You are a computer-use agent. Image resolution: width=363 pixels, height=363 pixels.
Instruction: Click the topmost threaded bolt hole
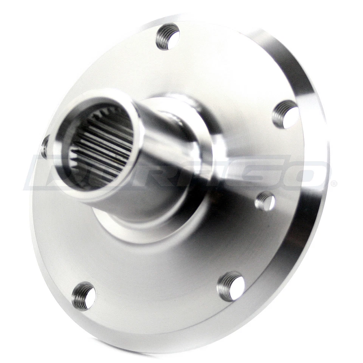(x=167, y=37)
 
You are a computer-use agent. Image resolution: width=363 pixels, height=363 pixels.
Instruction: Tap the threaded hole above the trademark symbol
(x=285, y=114)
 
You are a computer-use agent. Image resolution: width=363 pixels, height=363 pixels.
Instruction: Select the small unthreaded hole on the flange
(x=265, y=201)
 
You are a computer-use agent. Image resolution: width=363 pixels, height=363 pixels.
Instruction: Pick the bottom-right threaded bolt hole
(x=230, y=286)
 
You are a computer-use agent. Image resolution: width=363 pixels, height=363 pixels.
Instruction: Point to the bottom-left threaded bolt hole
(x=84, y=296)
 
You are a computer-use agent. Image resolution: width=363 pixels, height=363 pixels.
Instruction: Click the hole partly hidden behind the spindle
(x=45, y=147)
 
